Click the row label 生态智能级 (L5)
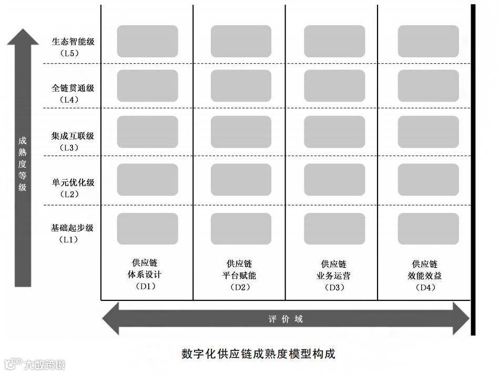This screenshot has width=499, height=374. coord(73,46)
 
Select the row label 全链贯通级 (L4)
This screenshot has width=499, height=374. coord(73,93)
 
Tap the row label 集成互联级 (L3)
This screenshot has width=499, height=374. coord(73,141)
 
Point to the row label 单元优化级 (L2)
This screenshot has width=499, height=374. coord(73,188)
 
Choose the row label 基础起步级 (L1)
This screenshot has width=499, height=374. coord(73,233)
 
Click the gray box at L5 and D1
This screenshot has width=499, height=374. coord(147,41)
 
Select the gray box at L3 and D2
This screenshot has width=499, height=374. coord(241,132)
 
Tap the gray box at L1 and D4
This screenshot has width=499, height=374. coord(428,228)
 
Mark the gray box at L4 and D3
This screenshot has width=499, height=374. coord(334,86)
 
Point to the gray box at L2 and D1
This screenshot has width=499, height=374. coord(147,179)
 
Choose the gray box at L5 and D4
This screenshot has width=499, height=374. coord(428,41)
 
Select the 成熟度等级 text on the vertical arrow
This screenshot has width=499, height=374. coord(23,164)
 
